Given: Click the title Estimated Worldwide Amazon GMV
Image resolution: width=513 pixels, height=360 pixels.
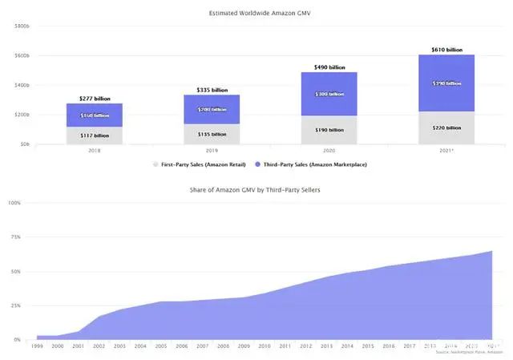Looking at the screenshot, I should (x=256, y=13).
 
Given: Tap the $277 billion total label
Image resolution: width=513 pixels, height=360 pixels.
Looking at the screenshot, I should (x=95, y=99).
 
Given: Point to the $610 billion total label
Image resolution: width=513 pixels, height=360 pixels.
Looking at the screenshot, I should (x=447, y=50).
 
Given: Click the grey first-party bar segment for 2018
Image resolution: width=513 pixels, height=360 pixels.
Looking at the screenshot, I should (x=95, y=136).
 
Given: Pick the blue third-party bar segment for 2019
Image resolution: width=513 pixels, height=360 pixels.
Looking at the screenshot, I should (x=212, y=109).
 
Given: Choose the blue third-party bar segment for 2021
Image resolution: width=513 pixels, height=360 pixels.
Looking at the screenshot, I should (x=447, y=83).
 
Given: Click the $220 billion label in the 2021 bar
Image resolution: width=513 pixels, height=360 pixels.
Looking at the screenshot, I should (x=447, y=128).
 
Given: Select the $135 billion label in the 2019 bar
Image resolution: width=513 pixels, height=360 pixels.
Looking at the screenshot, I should (x=212, y=135).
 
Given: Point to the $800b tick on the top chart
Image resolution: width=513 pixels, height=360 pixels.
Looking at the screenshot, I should (x=22, y=26).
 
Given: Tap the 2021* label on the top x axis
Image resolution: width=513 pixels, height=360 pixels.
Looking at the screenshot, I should (x=447, y=150).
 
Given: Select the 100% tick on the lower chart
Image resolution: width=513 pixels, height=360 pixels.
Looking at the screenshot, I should (x=14, y=203).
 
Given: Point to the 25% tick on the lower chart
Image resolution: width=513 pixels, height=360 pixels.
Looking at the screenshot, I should (x=15, y=306).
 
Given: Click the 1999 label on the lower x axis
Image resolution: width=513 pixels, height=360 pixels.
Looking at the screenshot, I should (x=37, y=346).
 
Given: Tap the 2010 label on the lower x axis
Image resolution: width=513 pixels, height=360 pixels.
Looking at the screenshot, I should (x=265, y=346).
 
